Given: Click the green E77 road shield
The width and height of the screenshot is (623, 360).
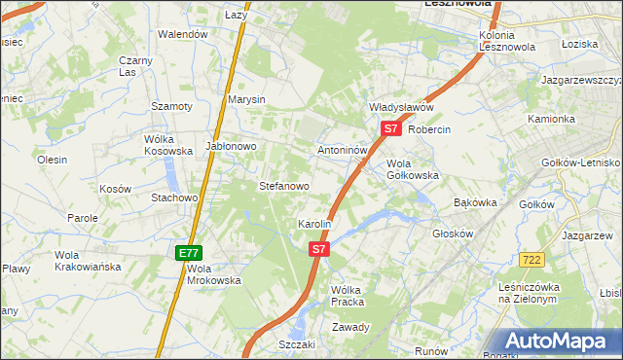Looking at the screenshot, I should [189, 253].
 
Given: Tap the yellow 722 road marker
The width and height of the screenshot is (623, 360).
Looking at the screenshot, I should [531, 259].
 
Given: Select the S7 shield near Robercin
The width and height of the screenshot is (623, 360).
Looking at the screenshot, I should [390, 127].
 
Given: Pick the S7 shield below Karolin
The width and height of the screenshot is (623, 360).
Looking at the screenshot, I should [318, 249].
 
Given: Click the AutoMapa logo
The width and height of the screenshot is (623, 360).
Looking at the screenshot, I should [558, 341].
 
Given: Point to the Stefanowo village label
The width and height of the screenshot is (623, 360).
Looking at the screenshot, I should [283, 185].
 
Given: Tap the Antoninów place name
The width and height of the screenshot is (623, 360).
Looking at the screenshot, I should [343, 151].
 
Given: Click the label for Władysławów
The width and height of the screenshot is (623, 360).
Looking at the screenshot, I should [400, 107].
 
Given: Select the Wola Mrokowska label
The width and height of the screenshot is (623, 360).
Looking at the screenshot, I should [213, 274].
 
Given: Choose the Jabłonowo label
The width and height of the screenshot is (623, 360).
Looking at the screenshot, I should [231, 146].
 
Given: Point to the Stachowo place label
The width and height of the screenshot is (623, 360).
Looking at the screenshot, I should [174, 198].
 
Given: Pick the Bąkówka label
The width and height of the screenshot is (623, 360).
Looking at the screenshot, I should [476, 203].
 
